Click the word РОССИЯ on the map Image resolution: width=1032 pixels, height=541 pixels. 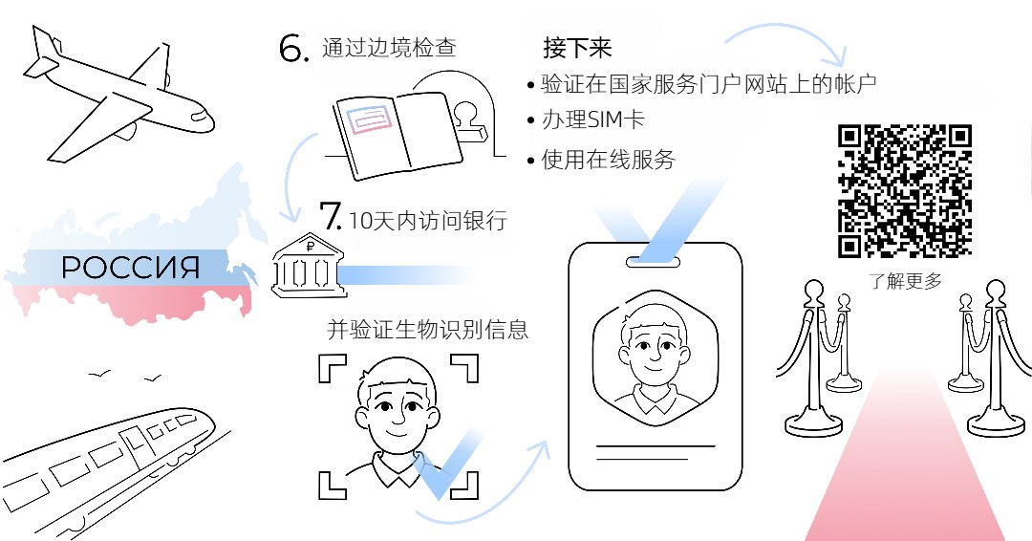point(130,268)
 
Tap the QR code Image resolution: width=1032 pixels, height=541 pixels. point(905,191)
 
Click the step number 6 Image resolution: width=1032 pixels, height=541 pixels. point(293,48)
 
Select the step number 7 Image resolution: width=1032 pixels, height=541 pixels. point(331,214)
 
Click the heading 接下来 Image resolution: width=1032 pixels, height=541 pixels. point(577,48)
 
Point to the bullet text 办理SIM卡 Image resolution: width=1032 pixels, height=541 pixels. point(593,119)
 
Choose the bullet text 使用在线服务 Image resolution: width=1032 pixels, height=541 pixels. point(608,160)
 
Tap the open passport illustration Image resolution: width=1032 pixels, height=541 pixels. point(398,135)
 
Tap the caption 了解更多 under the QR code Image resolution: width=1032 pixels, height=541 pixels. point(906,281)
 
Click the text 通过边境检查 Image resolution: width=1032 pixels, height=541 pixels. point(389,48)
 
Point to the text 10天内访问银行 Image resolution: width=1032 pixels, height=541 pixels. point(428,221)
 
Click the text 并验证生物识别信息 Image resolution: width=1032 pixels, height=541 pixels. point(428,329)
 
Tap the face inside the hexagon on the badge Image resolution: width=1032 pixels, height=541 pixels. point(655,356)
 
